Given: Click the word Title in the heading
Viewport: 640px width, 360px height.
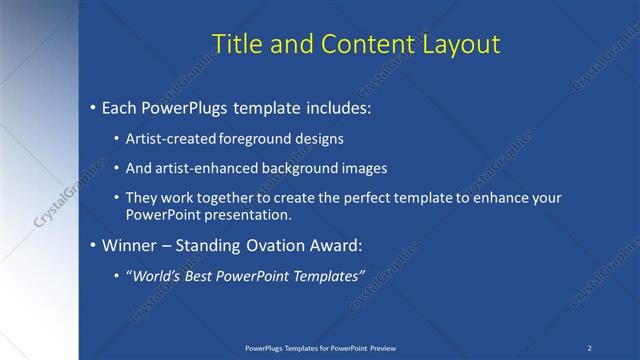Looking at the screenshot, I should (x=238, y=43).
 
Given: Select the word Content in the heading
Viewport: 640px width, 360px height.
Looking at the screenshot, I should (x=355, y=43).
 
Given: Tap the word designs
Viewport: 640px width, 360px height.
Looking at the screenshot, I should (x=313, y=139).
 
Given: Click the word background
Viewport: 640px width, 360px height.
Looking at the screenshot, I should (x=293, y=169).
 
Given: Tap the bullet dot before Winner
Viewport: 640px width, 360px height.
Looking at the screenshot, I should (x=93, y=245).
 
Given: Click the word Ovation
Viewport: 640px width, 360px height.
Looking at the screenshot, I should (x=274, y=245).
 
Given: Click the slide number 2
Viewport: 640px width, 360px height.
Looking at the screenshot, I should (x=590, y=348).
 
